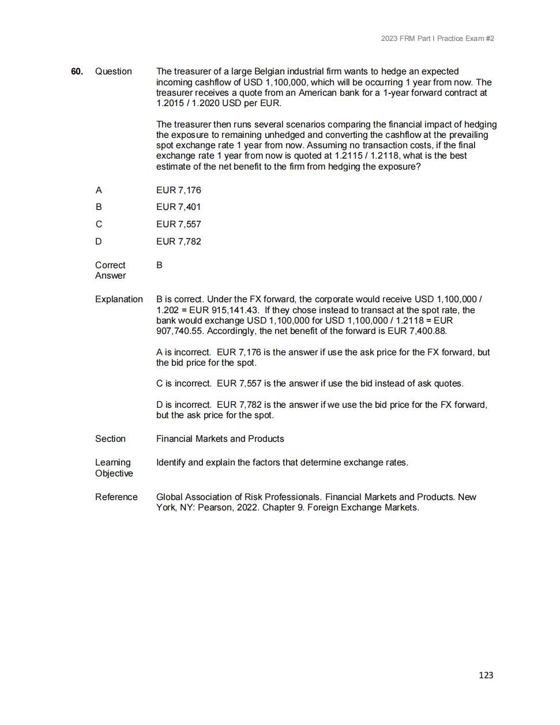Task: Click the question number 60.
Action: point(77,72)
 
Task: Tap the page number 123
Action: point(486,675)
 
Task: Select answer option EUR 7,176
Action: point(178,190)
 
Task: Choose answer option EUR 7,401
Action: point(178,207)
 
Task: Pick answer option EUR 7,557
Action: point(178,224)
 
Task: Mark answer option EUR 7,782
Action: point(178,242)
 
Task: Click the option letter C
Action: point(99,224)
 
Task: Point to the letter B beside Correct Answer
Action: point(159,265)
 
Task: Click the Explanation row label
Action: point(119,299)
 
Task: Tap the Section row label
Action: point(110,439)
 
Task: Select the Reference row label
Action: point(116,497)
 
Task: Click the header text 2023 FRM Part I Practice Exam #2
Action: point(437,39)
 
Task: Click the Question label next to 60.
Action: point(113,72)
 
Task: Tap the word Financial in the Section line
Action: point(174,439)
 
